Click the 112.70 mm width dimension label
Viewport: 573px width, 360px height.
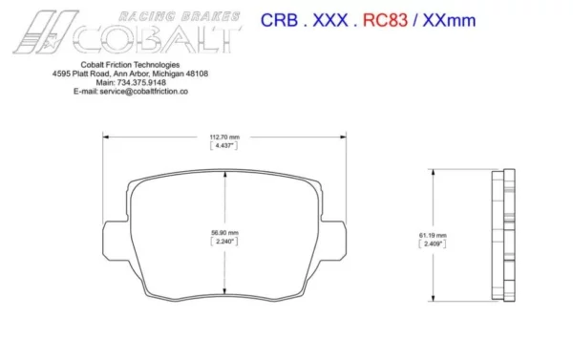224,138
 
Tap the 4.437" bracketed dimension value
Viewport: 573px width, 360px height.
224,145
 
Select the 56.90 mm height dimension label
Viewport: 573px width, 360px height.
224,232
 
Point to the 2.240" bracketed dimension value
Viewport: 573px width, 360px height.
224,242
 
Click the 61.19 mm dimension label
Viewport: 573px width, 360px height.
433,235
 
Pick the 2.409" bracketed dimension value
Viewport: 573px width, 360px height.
433,244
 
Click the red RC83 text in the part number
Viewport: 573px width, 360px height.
385,20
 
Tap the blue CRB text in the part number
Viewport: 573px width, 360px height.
279,20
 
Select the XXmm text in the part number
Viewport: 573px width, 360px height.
449,20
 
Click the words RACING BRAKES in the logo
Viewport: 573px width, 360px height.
180,16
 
